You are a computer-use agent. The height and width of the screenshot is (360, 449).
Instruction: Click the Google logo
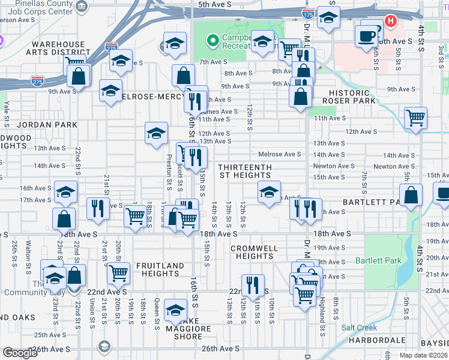(20, 353)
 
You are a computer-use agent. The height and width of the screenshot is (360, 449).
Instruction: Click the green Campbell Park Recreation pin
(212, 41)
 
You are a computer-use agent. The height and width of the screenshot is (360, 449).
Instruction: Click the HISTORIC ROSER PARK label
(358, 97)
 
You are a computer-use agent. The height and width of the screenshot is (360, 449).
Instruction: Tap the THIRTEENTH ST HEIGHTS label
(245, 171)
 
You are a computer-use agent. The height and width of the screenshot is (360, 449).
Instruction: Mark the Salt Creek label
(359, 328)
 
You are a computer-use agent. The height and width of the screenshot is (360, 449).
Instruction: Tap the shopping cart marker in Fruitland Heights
(118, 273)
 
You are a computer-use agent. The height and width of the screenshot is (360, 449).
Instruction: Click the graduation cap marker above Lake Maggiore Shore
(175, 310)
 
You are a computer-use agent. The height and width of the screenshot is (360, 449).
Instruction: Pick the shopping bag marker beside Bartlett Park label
(411, 196)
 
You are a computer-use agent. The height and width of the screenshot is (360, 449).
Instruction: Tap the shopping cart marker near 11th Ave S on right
(415, 118)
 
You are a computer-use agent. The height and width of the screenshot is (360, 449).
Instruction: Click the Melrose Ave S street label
(280, 154)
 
